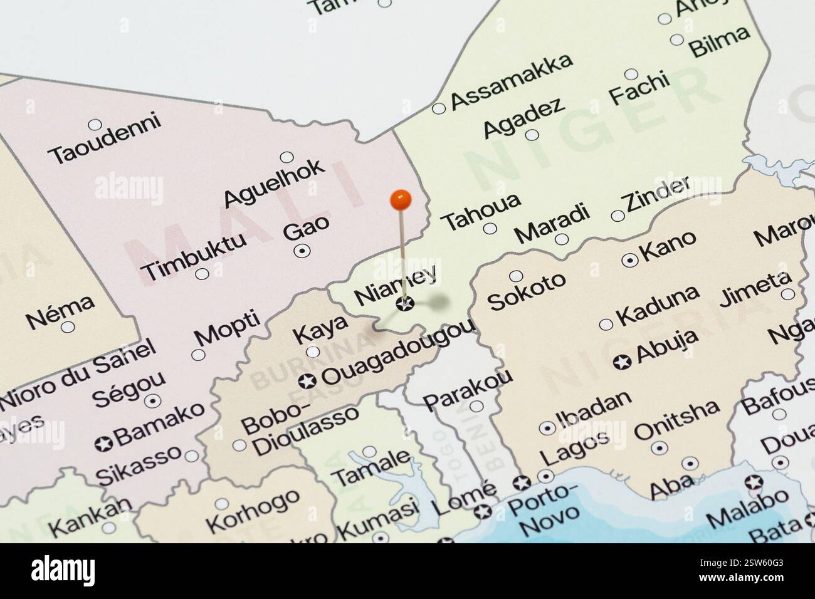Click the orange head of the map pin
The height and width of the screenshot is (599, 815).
point(400,200)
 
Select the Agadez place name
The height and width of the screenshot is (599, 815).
point(523,117)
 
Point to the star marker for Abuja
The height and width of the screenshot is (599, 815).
point(622,362)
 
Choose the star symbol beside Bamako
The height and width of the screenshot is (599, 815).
point(103,444)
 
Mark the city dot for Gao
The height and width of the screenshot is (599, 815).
point(302,251)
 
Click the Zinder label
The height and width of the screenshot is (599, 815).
point(656,194)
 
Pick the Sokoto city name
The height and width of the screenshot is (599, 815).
point(527,291)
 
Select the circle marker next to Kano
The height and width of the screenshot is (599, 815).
point(629,259)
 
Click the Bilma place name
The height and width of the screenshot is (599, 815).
point(719,41)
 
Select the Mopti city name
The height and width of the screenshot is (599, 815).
point(227,327)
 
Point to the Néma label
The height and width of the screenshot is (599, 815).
point(60,311)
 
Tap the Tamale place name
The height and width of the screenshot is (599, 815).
point(371,467)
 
